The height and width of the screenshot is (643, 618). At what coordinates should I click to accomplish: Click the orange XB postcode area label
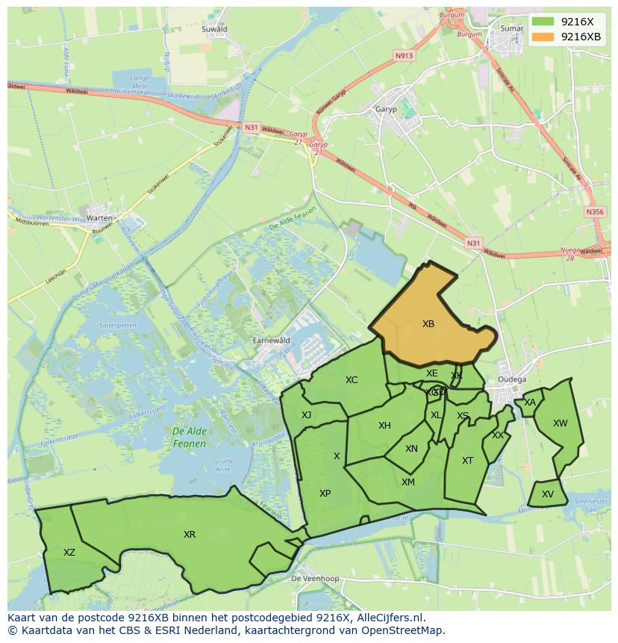click(x=428, y=324)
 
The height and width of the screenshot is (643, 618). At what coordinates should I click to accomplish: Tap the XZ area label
click(x=69, y=553)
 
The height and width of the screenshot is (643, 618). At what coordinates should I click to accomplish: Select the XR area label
click(x=190, y=535)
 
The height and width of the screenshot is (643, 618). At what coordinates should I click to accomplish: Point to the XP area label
click(x=325, y=494)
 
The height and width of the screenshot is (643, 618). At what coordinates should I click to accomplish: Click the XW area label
click(x=560, y=423)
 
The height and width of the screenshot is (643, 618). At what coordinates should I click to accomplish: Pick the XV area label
click(x=548, y=494)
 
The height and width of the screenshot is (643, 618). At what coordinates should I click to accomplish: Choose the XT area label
click(x=467, y=461)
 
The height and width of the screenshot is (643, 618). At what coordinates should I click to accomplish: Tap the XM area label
click(x=408, y=482)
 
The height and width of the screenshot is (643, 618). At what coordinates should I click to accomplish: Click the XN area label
click(x=411, y=449)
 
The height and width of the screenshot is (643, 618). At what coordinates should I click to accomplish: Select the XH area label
click(x=384, y=426)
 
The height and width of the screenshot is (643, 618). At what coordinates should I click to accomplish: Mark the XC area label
click(x=352, y=380)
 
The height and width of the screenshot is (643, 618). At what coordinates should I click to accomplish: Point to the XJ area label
click(x=306, y=415)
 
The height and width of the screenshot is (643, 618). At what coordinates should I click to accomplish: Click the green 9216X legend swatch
click(x=543, y=22)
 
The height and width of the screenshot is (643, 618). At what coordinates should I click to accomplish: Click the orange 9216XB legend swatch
click(x=543, y=37)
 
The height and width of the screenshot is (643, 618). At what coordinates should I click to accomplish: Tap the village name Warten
click(x=99, y=218)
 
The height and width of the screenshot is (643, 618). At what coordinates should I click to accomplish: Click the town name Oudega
click(x=511, y=379)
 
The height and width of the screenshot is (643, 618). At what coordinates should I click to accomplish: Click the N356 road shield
click(x=595, y=212)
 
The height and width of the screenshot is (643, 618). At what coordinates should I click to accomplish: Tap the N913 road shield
click(x=404, y=55)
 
